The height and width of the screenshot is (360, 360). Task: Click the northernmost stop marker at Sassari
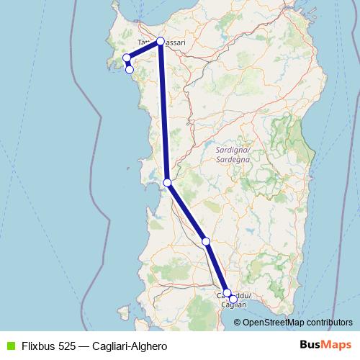pos(160,41)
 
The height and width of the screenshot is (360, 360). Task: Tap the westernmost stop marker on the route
pos(127,58)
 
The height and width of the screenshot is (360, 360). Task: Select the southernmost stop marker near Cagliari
pos(233,299)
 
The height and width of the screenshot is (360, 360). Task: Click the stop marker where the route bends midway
pos(167,183)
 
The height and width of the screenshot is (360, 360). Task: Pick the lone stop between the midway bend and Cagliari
pos(207,241)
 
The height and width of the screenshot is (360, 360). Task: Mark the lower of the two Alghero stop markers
pos(130,69)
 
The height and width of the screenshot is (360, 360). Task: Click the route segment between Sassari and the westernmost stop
pos(143,49)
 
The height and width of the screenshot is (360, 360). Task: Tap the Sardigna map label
pos(232,150)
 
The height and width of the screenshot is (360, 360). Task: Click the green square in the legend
pos(10,346)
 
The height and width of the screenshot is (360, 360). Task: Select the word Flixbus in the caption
pos(40,346)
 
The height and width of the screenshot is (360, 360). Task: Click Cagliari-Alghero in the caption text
pos(130,346)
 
